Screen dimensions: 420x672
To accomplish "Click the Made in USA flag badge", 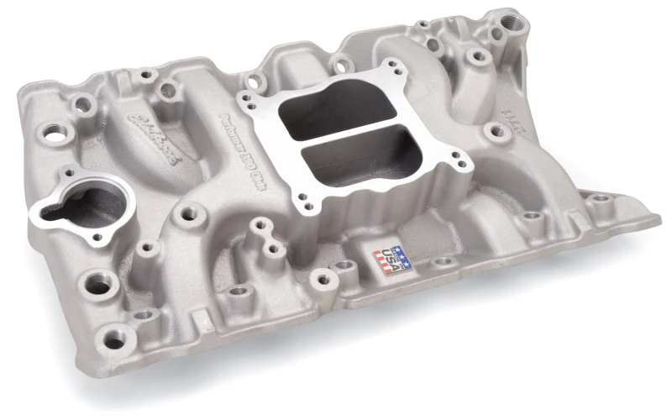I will click(393, 258).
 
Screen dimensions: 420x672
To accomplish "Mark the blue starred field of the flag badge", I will click(402, 252).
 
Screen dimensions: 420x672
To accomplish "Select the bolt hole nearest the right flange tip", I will click(599, 200).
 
